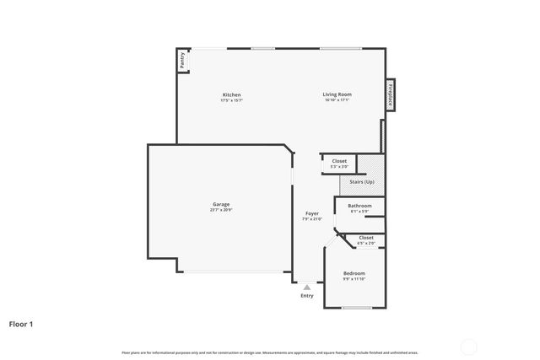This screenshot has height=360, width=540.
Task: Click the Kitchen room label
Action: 231,94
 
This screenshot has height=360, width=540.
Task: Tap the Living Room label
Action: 337,94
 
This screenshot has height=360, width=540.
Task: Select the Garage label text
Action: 221,204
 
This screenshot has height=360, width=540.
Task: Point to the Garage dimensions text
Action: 221,210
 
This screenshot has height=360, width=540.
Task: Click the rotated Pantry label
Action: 181,62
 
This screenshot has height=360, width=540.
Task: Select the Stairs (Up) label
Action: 363,182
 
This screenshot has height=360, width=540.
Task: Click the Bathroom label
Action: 359,205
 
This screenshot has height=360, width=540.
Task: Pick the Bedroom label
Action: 354,273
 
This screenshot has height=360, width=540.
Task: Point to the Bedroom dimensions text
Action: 354,279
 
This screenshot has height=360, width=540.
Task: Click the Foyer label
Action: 311,213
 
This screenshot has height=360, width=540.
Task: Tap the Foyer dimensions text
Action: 311,219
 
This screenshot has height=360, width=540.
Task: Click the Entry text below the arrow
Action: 306,295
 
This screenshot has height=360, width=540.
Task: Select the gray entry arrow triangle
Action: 306,287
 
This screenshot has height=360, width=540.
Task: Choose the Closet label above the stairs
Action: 339,160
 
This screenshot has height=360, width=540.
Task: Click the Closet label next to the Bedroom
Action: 366,238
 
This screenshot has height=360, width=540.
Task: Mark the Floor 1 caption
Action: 21,324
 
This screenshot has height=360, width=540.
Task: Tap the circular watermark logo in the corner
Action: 468,346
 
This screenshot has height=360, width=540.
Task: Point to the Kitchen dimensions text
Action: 231,100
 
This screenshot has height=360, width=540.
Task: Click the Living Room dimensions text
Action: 337,100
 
